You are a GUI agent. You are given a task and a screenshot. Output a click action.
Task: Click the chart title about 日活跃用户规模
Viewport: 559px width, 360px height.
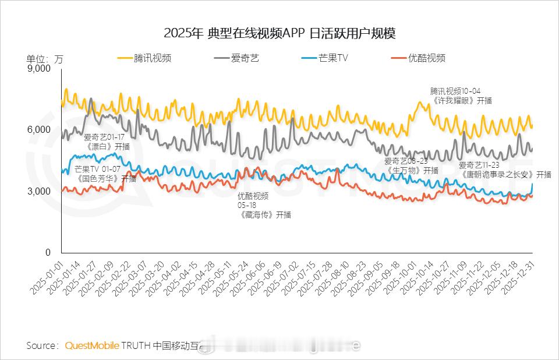tap(279, 33)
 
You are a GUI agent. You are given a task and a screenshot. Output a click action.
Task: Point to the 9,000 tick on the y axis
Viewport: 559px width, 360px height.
tap(40, 69)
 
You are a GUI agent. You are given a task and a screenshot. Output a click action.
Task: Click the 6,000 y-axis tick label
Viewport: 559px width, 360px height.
tap(40, 130)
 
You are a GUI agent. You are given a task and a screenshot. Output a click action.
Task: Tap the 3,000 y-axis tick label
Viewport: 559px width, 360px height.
tap(40, 192)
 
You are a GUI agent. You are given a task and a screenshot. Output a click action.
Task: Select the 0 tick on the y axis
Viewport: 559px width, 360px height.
tap(48, 253)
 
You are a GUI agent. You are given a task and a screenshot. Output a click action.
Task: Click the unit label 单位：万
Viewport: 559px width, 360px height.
tap(45, 58)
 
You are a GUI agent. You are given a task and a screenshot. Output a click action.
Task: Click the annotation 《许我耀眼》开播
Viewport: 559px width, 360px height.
tap(462, 100)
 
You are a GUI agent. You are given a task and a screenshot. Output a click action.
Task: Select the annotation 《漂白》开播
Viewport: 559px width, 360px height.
tap(106, 147)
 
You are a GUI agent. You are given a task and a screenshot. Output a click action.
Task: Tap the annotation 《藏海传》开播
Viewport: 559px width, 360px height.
tap(264, 214)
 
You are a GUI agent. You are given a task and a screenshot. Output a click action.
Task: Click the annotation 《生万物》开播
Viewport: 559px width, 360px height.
tap(411, 171)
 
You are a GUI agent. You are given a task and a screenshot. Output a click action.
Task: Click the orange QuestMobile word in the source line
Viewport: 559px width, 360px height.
tap(92, 345)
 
